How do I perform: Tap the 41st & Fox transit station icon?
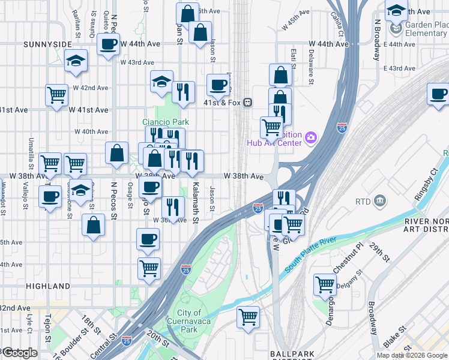247,103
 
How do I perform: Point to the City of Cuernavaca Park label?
188,322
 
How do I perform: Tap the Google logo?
19,353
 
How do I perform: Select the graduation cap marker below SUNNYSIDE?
76,61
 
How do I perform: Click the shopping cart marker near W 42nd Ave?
56,94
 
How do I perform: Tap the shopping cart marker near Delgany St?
325,284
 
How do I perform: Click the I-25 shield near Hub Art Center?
341,128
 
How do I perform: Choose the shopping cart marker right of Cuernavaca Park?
248,316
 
